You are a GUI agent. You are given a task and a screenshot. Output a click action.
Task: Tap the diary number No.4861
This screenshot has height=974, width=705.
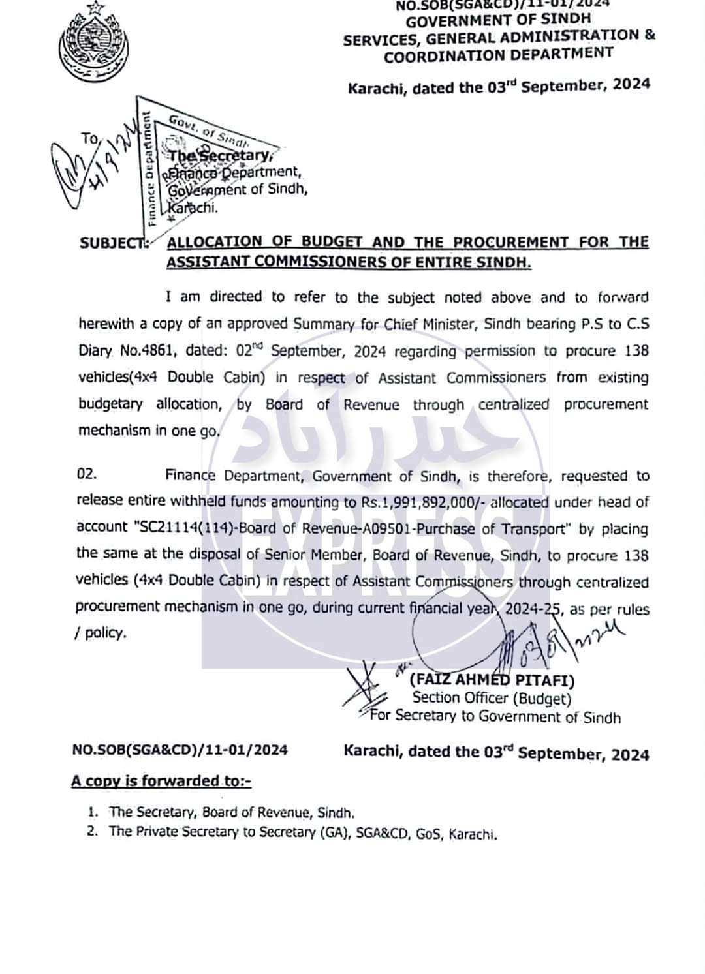pos(148,351)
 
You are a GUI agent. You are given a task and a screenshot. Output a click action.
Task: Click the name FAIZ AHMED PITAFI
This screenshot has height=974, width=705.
pos(492,681)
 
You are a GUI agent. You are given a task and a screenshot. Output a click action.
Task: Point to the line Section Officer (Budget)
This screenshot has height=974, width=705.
pos(492,699)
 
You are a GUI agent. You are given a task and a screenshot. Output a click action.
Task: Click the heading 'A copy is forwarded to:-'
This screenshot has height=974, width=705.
pos(161,781)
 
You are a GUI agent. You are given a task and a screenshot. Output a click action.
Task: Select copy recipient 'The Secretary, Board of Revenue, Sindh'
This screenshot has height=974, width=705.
pos(232,813)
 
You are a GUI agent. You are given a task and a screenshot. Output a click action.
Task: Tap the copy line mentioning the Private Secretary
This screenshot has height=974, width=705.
pos(303,834)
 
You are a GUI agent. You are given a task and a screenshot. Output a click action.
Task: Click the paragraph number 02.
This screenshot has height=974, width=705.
pos(87,475)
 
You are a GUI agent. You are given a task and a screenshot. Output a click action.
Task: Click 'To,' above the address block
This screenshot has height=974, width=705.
pos(89,138)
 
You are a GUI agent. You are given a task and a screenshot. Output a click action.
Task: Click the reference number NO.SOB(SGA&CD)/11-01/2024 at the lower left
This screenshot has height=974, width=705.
pos(180,750)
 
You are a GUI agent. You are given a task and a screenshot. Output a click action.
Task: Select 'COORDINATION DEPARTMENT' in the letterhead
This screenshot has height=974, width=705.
pos(498,54)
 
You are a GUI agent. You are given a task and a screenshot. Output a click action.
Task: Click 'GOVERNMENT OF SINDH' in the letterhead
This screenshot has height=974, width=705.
pos(499,20)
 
